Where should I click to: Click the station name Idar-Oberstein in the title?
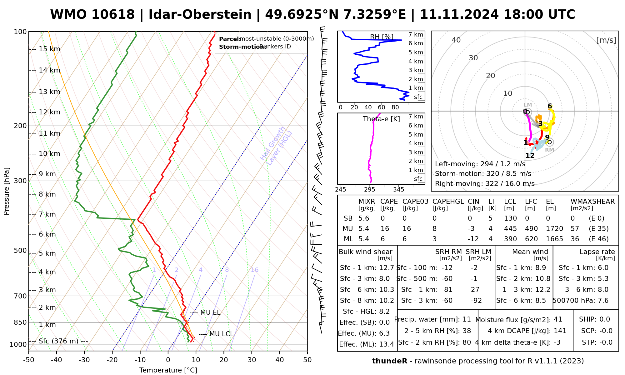tap(200, 15)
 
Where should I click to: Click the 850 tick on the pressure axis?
tap(20, 322)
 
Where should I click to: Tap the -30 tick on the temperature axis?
tap(84, 360)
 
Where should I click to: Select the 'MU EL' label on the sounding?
tap(210, 312)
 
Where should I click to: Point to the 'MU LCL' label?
tap(221, 334)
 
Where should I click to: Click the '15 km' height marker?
tap(49, 49)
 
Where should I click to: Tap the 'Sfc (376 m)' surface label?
tap(58, 341)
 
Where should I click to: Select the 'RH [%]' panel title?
tap(382, 37)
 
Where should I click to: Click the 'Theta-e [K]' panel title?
tap(381, 119)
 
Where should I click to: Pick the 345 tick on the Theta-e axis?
tap(398, 190)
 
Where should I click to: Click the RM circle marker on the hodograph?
tap(549, 142)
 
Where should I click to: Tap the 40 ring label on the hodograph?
tap(456, 40)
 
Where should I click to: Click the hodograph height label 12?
tap(530, 155)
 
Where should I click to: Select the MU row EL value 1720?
tap(554, 229)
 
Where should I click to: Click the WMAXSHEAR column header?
tap(592, 202)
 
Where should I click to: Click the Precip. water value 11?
tap(467, 319)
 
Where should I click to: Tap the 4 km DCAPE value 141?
tap(560, 331)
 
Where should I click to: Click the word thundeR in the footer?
tap(390, 361)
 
